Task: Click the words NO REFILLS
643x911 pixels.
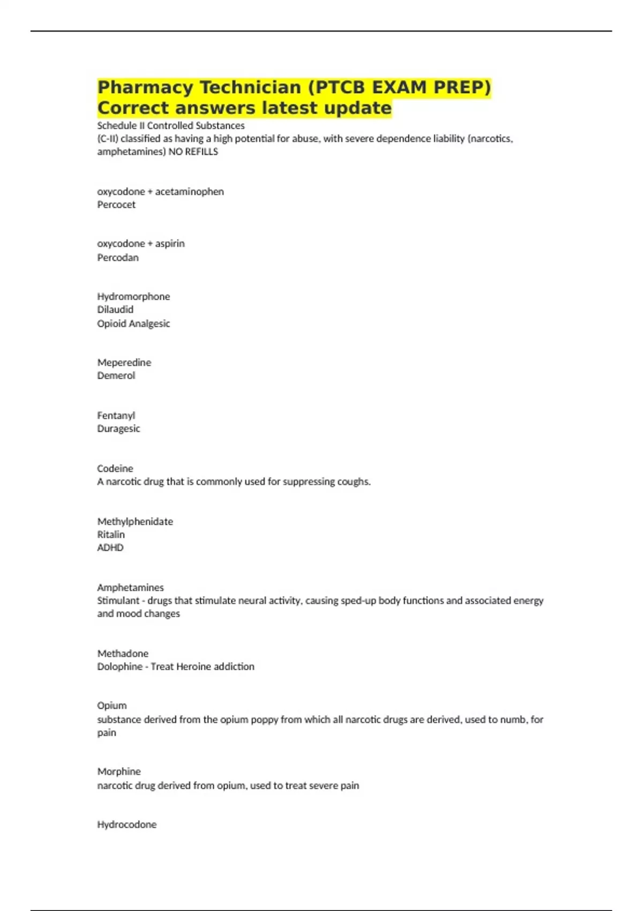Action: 193,152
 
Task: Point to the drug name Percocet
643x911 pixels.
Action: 116,205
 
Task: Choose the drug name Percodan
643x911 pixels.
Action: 118,258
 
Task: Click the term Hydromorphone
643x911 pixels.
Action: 133,296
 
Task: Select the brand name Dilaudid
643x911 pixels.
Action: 115,310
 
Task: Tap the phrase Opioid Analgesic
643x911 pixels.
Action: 133,324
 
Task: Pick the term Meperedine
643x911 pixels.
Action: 124,363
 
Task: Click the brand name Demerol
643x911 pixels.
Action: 116,376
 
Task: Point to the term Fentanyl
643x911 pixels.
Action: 116,415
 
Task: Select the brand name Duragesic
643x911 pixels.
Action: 118,429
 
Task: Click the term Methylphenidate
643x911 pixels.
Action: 135,521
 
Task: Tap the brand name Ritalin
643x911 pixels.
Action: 111,535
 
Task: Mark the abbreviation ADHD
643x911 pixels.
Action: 110,548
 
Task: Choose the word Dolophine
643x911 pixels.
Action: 119,667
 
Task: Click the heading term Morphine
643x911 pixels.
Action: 119,772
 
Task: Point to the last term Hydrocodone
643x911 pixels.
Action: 127,825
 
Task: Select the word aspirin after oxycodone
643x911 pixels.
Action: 170,244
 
